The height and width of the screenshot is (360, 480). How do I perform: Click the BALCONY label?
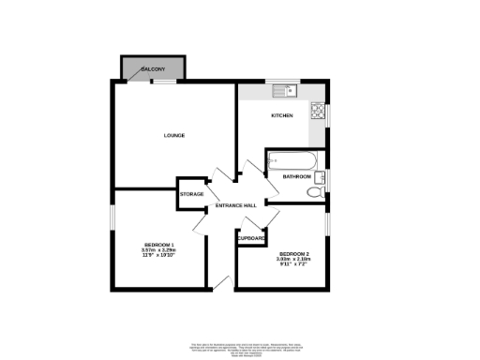pyautogui.click(x=154, y=70)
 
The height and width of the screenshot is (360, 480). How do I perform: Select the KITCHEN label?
pyautogui.click(x=282, y=115)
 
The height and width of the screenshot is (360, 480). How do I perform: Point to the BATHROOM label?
pyautogui.click(x=297, y=176)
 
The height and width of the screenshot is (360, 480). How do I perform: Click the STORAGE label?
pyautogui.click(x=192, y=194)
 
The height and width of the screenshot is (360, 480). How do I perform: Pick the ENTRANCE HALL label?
pyautogui.click(x=236, y=205)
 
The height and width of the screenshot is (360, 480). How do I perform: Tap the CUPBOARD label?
pyautogui.click(x=251, y=238)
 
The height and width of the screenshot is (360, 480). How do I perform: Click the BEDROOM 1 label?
pyautogui.click(x=159, y=245)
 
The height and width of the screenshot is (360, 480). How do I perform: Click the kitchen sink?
pyautogui.click(x=284, y=92)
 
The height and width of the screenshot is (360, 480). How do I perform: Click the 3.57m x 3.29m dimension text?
pyautogui.click(x=159, y=250)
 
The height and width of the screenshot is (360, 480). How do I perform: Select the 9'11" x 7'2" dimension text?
pyautogui.click(x=293, y=263)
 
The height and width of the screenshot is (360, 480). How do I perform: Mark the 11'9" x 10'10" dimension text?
pyautogui.click(x=159, y=256)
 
